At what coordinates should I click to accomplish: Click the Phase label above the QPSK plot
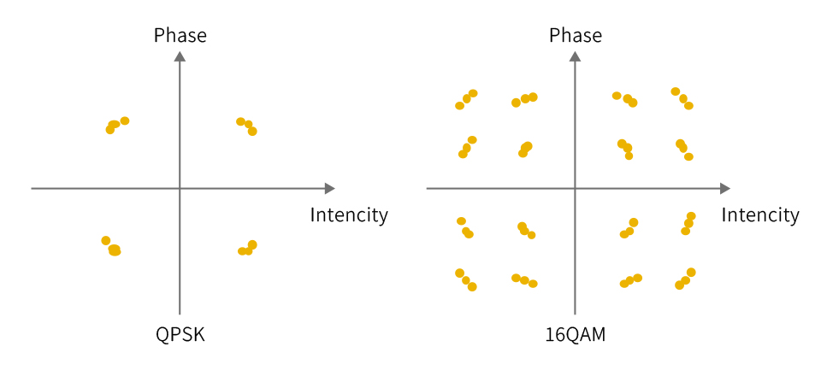pyautogui.click(x=180, y=36)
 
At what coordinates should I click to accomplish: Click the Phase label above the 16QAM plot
pyautogui.click(x=576, y=36)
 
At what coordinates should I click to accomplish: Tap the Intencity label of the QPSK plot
pyautogui.click(x=349, y=215)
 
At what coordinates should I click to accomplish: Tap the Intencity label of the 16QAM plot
pyautogui.click(x=761, y=215)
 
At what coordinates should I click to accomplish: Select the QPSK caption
pyautogui.click(x=180, y=335)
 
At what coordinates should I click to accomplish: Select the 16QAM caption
pyautogui.click(x=576, y=335)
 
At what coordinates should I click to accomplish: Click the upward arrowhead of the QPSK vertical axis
pyautogui.click(x=180, y=56)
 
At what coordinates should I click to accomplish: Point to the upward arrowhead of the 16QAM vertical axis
pyautogui.click(x=576, y=56)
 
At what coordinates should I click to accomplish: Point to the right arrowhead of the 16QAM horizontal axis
pyautogui.click(x=725, y=188)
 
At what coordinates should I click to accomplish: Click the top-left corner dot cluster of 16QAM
pyautogui.click(x=467, y=99)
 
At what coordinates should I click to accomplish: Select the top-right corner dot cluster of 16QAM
pyautogui.click(x=682, y=97)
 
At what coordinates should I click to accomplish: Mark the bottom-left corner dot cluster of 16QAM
pyautogui.click(x=466, y=280)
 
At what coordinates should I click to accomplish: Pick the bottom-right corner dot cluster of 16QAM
pyautogui.click(x=685, y=279)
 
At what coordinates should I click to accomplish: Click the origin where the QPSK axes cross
pyautogui.click(x=180, y=188)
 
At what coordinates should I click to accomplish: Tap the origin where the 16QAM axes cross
pyautogui.click(x=576, y=188)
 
